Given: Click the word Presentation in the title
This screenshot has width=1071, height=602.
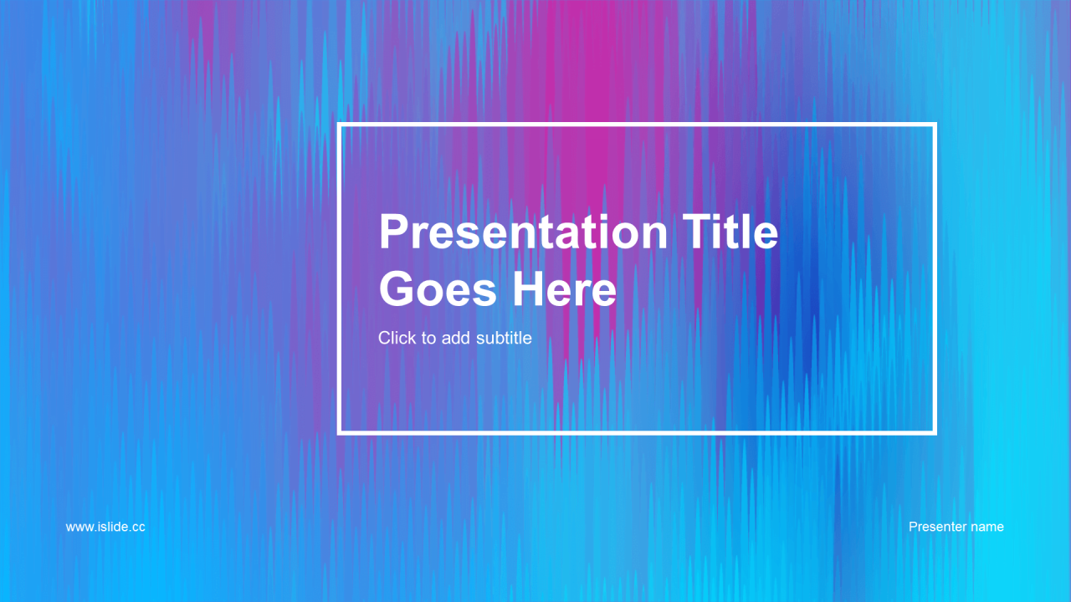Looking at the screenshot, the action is point(523,232).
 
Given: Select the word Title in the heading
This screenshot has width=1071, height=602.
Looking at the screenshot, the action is point(730,232).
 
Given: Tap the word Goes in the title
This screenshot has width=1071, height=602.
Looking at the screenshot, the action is point(438,289).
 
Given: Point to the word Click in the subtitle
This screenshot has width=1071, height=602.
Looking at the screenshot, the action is point(397,338).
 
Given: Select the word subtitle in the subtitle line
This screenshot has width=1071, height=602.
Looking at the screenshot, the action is point(504,338).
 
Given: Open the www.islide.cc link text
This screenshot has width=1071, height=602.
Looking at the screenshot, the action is point(105,527).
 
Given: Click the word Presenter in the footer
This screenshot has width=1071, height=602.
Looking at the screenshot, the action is point(936,527).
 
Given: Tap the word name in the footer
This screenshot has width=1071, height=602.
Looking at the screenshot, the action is point(987,528).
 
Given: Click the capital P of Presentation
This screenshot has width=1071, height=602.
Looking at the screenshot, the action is point(393,232).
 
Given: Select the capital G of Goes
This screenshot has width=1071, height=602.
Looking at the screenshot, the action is point(397,289).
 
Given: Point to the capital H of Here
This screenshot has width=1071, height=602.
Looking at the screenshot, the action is point(528,289).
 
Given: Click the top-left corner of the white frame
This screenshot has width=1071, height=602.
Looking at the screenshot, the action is point(339,125).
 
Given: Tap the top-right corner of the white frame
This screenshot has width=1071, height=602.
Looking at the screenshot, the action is point(935,125).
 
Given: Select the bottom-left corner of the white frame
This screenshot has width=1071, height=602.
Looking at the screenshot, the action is point(339,433).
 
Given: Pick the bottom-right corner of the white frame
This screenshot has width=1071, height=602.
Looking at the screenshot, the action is point(935,433).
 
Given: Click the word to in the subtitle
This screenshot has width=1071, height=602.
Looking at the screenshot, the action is point(428,339).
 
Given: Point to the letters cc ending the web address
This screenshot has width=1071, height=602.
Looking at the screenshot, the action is point(139,528).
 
